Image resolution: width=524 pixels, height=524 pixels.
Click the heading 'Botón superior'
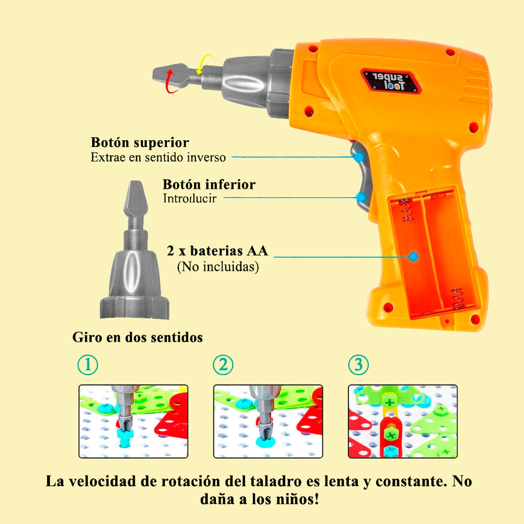pos(140,142)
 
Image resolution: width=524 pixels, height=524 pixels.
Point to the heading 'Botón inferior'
pos(209,184)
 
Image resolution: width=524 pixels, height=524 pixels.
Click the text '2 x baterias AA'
pos(217,251)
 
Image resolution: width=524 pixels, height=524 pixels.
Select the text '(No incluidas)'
pos(217,267)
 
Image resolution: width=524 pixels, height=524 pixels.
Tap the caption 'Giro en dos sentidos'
pos(138,338)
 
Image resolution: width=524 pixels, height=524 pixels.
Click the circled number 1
pos(88,365)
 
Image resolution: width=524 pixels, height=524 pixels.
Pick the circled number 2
pos(223,365)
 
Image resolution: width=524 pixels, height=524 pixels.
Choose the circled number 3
pos(358,365)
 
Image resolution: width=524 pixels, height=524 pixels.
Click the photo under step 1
pos(133,421)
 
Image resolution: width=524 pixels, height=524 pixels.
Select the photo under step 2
pos(268,421)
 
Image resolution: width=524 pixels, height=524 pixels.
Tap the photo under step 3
pos(403,421)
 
